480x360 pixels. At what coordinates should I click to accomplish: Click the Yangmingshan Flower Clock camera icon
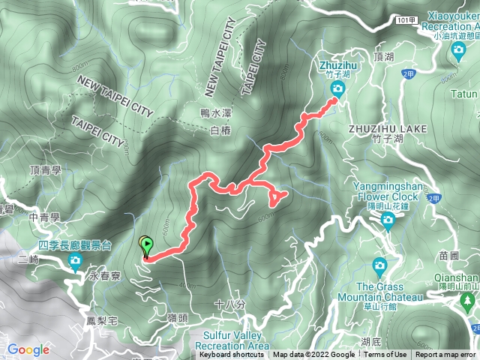point(388,219)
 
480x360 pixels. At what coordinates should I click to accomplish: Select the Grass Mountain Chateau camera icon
point(379,265)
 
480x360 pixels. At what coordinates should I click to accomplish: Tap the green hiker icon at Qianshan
point(469,303)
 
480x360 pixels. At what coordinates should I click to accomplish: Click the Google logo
point(28,349)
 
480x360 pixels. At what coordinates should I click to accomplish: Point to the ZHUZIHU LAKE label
point(387,128)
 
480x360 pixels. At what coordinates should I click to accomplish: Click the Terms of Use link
point(385,355)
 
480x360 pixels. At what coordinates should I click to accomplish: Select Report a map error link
point(446,355)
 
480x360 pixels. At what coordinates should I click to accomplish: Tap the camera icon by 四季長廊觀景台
point(75,261)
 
